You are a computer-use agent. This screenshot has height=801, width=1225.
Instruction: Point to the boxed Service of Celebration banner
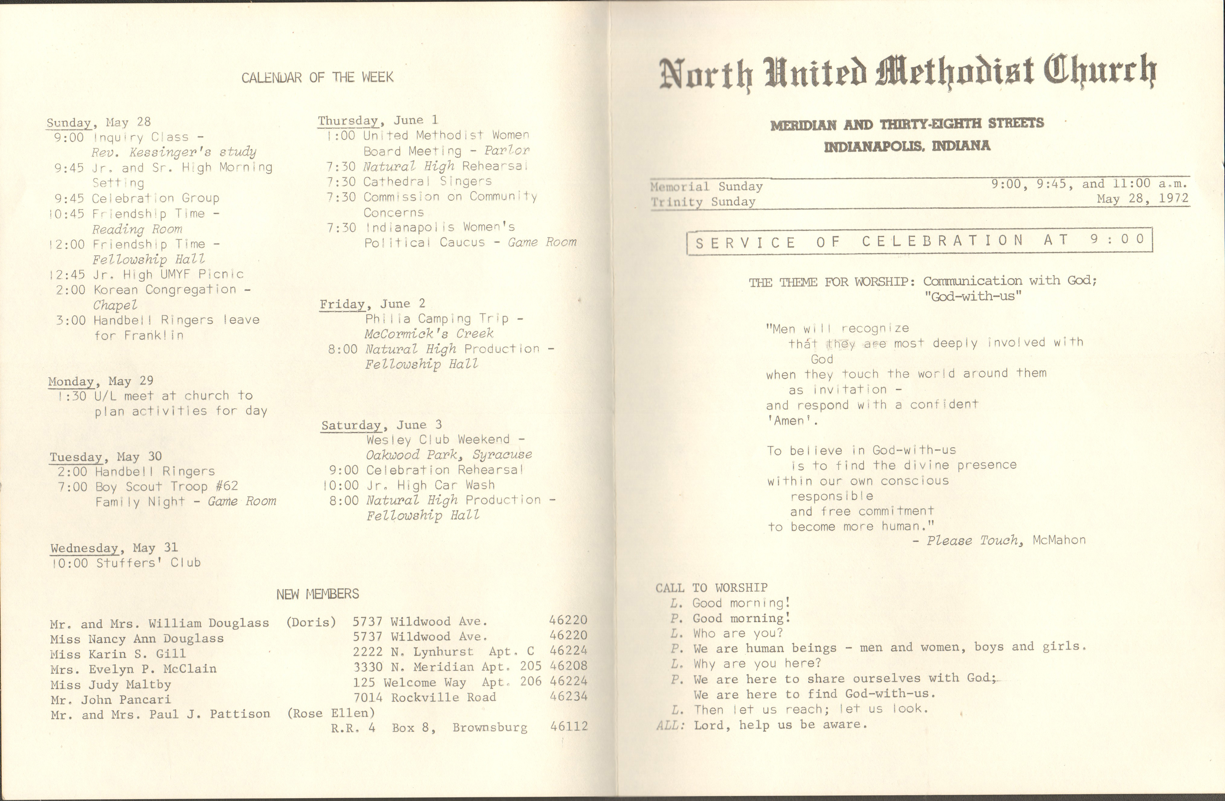point(919,241)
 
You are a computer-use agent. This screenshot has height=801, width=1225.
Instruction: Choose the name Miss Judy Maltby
point(111,685)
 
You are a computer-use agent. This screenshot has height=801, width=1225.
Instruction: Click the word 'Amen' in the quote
point(792,421)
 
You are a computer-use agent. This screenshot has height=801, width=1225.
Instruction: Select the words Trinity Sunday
point(703,202)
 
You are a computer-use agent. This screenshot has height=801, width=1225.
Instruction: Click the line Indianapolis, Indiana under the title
point(907,146)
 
